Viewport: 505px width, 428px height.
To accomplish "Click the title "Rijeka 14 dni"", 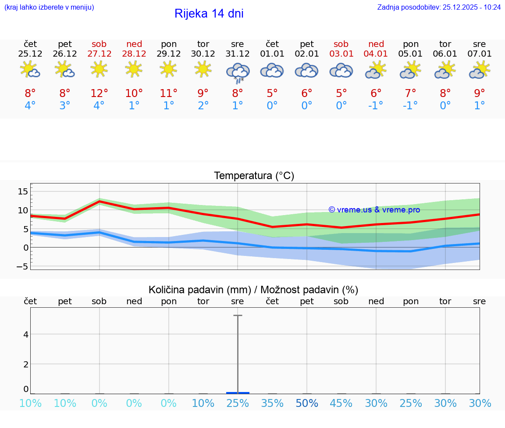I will pyautogui.click(x=209, y=14).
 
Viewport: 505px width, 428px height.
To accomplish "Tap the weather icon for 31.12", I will pyautogui.click(x=238, y=72).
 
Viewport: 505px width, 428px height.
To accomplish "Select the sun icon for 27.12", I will pyautogui.click(x=99, y=69).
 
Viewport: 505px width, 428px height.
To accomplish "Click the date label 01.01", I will pyautogui.click(x=272, y=54).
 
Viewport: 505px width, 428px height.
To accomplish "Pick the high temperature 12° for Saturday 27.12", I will pyautogui.click(x=99, y=93).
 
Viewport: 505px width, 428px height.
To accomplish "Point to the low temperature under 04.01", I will pyautogui.click(x=376, y=106).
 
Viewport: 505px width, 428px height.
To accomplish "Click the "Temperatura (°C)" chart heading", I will pyautogui.click(x=254, y=176).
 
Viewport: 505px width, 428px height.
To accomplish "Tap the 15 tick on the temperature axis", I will pyautogui.click(x=23, y=191).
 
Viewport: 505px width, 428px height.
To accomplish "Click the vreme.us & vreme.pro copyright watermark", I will pyautogui.click(x=374, y=210).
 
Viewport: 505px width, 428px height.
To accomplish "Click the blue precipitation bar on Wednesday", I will pyautogui.click(x=238, y=392).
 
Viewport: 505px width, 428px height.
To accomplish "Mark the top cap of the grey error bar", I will pyautogui.click(x=238, y=315).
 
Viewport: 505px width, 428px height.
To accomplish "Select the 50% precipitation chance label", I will pyautogui.click(x=307, y=403).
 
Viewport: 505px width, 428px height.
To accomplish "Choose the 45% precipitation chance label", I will pyautogui.click(x=341, y=403).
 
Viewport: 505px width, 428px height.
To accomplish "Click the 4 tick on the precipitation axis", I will pyautogui.click(x=26, y=334).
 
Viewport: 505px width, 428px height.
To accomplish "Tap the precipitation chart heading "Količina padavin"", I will pyautogui.click(x=199, y=290).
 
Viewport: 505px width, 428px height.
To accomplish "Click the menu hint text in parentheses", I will pyautogui.click(x=49, y=7).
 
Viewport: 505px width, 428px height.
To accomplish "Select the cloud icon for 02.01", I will pyautogui.click(x=307, y=70).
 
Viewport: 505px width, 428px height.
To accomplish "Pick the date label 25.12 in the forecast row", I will pyautogui.click(x=30, y=54).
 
